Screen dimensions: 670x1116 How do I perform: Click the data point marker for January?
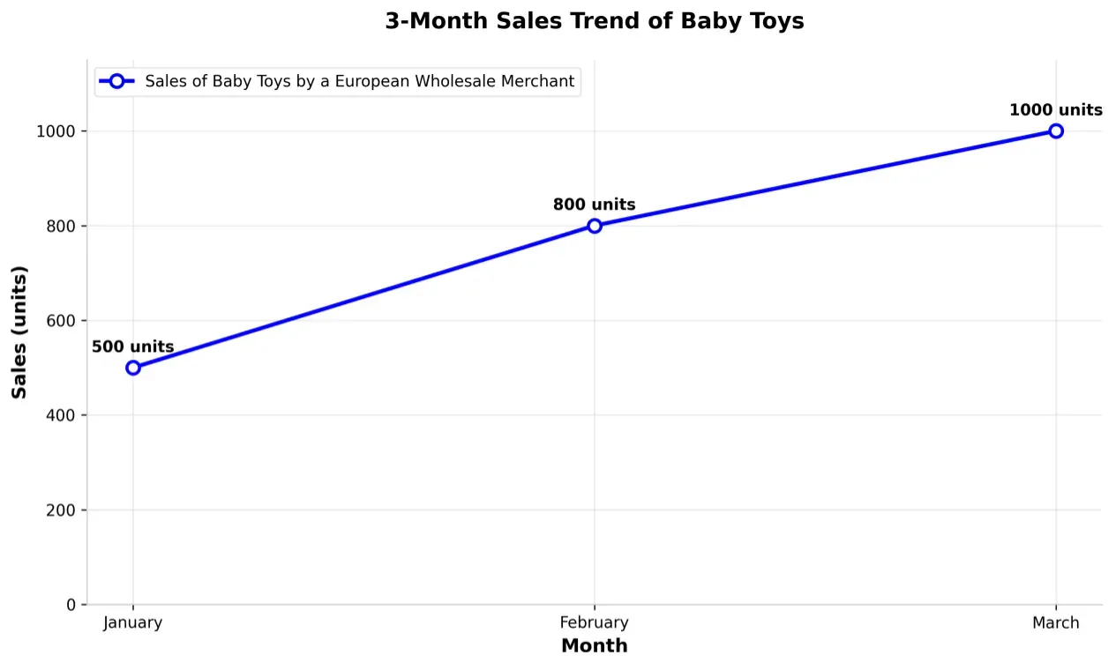tap(133, 368)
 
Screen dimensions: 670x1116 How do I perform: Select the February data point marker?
tap(595, 226)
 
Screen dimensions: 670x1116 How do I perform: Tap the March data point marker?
tap(1056, 131)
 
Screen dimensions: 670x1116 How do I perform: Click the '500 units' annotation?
tap(133, 347)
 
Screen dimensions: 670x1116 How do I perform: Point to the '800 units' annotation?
tap(595, 205)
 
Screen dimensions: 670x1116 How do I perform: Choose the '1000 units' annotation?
tap(1056, 110)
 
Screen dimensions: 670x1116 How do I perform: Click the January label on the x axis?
tap(133, 623)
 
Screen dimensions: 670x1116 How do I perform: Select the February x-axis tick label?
tap(595, 623)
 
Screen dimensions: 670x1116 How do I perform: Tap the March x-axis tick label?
tap(1056, 623)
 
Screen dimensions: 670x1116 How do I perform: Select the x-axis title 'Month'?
tap(595, 646)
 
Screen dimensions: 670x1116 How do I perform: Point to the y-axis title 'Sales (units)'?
tap(19, 331)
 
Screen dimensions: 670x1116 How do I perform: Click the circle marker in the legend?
tap(116, 81)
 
